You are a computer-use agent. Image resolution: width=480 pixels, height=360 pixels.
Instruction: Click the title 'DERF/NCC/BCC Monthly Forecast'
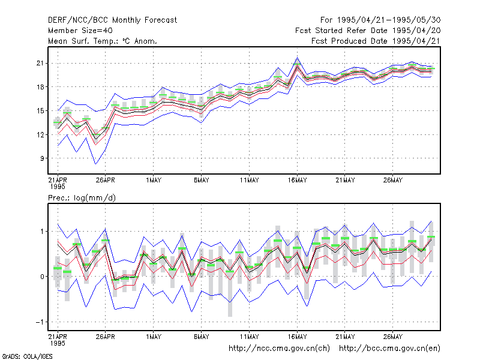(112, 20)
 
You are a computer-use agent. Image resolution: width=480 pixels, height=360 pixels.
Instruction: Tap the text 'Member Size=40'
(80, 31)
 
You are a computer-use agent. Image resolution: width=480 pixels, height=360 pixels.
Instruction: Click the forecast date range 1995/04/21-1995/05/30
(389, 20)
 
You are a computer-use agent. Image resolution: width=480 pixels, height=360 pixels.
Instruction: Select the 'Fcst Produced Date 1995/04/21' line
(376, 41)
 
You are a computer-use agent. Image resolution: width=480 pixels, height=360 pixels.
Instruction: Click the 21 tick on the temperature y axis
(40, 64)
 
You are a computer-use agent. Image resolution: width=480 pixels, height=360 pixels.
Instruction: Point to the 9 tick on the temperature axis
(42, 158)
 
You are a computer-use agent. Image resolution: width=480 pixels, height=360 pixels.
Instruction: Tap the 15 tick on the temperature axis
(40, 111)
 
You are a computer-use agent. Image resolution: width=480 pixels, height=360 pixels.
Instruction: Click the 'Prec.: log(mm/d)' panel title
(82, 198)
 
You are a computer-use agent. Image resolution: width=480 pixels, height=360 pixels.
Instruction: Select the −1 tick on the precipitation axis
(40, 322)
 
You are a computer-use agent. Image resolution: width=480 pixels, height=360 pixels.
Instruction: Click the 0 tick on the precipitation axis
(42, 277)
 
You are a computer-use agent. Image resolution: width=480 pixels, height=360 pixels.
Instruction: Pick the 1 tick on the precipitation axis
(42, 232)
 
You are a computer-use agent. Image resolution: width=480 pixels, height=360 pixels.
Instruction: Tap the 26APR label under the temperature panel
(106, 180)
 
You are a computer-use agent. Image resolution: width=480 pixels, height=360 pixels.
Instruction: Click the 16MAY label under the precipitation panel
(297, 337)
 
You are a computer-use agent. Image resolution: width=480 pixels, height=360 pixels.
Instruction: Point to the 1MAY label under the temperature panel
(154, 180)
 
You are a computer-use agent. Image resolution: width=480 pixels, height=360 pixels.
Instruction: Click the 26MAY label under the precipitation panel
(393, 337)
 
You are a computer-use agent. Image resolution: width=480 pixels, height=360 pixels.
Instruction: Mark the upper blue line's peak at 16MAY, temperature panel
(297, 58)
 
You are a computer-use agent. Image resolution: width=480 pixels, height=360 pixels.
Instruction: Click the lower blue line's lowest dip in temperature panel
(96, 164)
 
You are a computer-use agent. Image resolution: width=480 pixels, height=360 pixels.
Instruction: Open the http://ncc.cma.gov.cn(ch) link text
(279, 349)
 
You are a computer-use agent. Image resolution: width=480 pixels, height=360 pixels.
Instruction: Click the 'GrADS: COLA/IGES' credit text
(27, 356)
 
